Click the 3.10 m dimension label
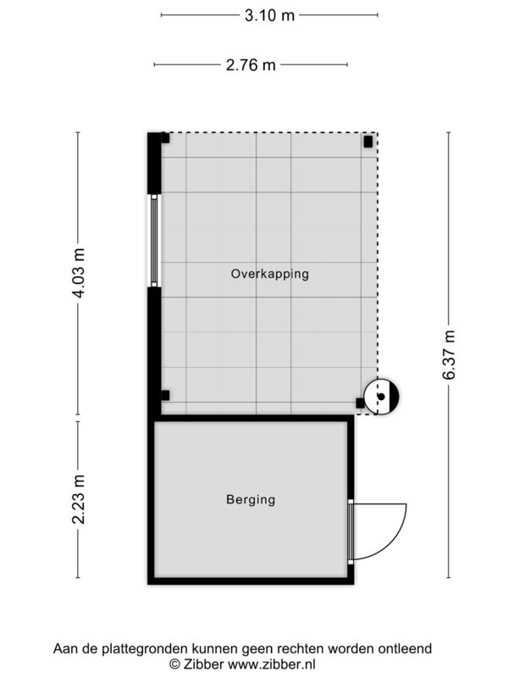[269, 15]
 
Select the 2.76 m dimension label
[251, 65]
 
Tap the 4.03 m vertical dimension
[79, 273]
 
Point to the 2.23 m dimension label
[79, 499]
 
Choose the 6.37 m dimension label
[449, 355]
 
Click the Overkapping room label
[270, 274]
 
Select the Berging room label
[251, 500]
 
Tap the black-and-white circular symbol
[380, 396]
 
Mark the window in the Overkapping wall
[154, 241]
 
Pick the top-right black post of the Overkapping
[368, 142]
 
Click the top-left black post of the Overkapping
[165, 138]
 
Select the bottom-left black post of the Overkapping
[165, 395]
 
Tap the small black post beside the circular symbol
[360, 403]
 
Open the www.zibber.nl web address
[272, 664]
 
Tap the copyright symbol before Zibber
[174, 664]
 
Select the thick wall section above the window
[154, 164]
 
